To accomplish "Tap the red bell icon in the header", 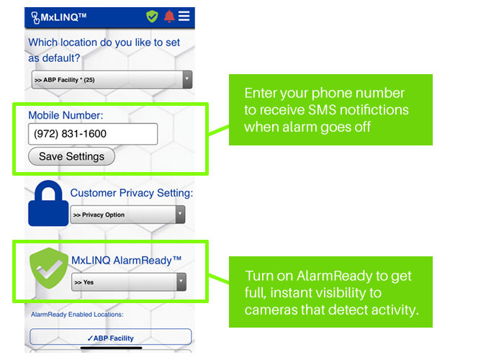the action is pos(169,17).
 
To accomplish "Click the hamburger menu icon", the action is pos(184,16).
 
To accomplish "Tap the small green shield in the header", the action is pos(152,17).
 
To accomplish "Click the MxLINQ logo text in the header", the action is pos(59,17).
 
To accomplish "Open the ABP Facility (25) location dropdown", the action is pos(112,80).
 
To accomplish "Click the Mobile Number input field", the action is pos(93,134).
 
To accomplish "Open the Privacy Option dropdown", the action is pos(127,215).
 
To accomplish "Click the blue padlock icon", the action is pos(48,204).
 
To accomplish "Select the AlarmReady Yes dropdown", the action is pos(129,282).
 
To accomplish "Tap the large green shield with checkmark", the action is pos(49,268).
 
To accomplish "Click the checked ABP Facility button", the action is pos(111,337).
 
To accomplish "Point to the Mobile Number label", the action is pos(66,115).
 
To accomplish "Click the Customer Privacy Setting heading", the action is pos(132,193).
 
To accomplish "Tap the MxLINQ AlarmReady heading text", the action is pos(126,260).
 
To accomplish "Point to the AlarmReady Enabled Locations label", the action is pos(77,315).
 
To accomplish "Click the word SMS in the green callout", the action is pos(322,110).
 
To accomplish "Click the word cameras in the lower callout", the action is pos(271,310).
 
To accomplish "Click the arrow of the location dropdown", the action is pos(187,79).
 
